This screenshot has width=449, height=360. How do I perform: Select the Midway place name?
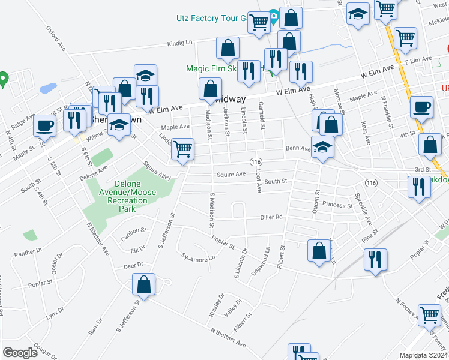[230, 99]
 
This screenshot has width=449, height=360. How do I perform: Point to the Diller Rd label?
[271, 217]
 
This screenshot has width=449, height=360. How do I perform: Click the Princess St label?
[337, 205]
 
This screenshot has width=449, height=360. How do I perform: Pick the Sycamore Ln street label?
[198, 258]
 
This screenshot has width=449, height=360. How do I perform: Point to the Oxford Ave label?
[55, 38]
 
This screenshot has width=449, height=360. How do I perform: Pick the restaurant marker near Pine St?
[375, 259]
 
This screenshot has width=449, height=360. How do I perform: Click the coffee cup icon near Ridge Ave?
[45, 126]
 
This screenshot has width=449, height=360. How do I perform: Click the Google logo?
[20, 353]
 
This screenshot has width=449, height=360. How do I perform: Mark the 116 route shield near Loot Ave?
[256, 163]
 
